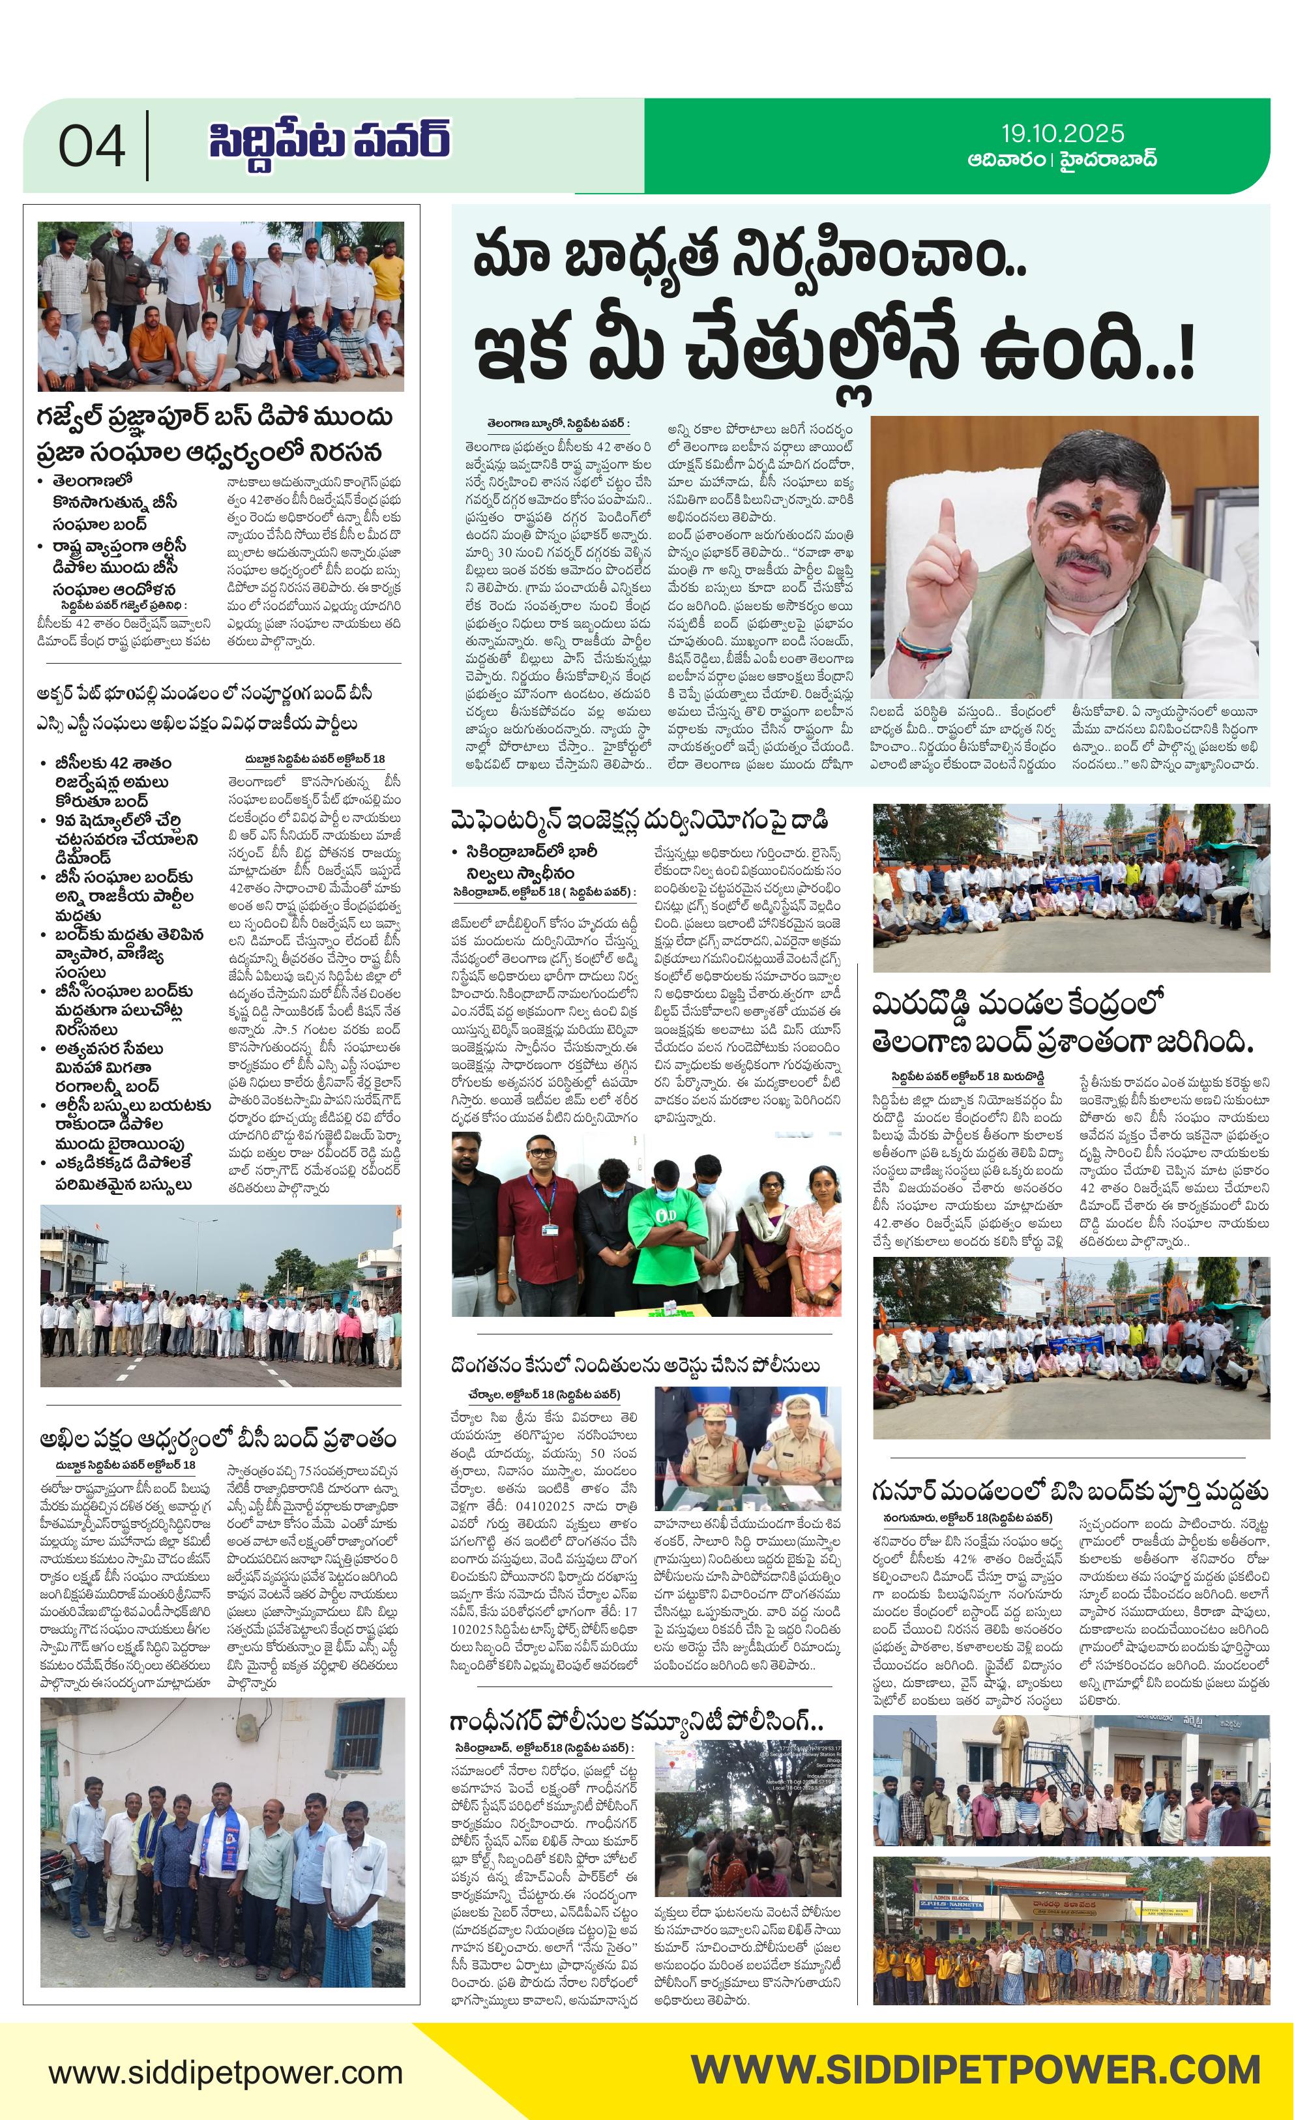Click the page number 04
tap(91, 146)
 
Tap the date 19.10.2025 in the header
tap(1062, 134)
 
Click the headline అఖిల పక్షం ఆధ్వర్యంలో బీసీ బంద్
tap(218, 1439)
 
